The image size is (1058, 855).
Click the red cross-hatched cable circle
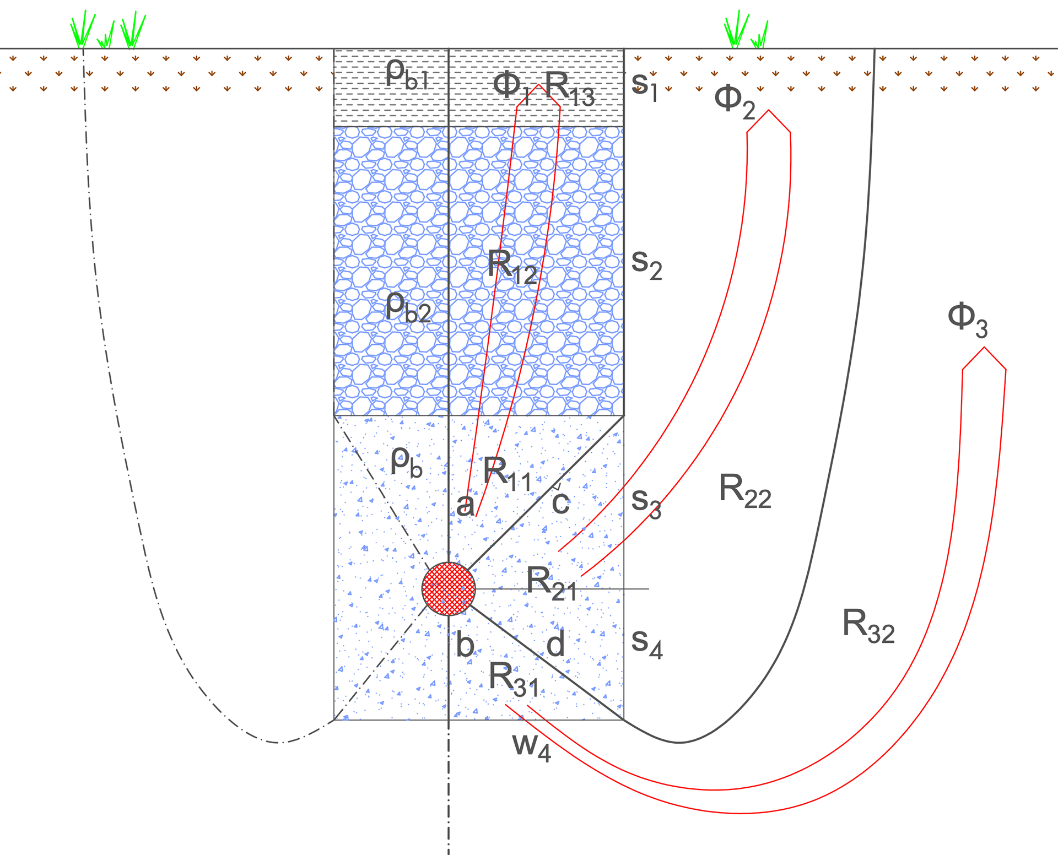[449, 589]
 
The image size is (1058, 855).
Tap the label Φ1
[511, 87]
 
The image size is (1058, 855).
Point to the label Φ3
[967, 320]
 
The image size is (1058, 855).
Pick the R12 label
[512, 268]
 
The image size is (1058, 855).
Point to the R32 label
[868, 627]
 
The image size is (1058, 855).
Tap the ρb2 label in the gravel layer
[408, 307]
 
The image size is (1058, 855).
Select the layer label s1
[644, 86]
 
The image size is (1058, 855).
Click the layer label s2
[646, 264]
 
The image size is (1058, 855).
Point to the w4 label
[531, 747]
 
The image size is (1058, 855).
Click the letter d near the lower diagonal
[555, 643]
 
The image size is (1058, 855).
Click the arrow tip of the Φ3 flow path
[984, 348]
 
